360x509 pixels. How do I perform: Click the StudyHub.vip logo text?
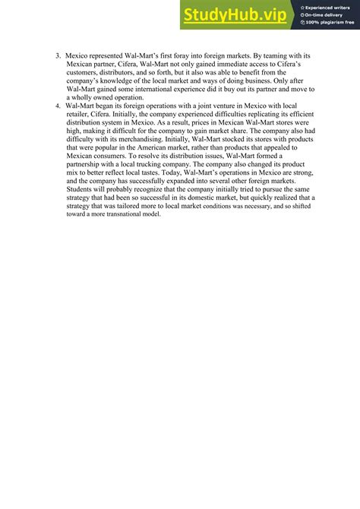pyautogui.click(x=232, y=14)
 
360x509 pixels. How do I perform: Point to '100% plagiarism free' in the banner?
pyautogui.click(x=327, y=23)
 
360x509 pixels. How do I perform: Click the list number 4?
pyautogui.click(x=58, y=105)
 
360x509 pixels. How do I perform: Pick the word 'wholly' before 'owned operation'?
pyautogui.click(x=89, y=96)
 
